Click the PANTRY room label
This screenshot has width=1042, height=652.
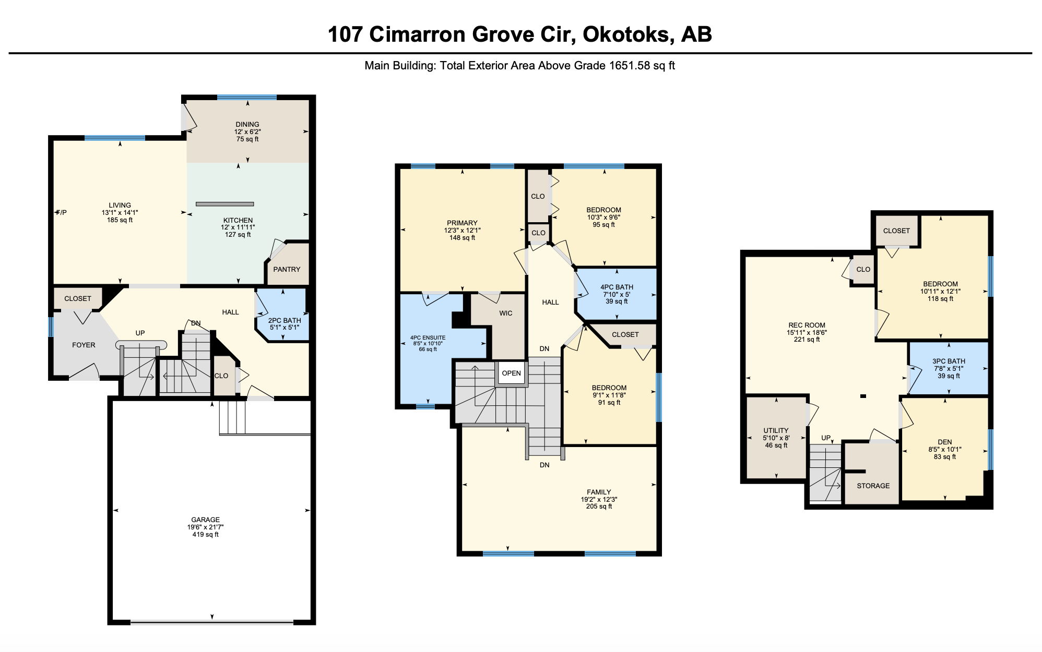(287, 269)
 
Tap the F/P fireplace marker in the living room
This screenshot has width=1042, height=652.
(62, 212)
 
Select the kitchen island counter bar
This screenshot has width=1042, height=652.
(225, 204)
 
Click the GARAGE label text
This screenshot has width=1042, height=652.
(205, 520)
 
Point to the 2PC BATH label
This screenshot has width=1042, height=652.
(285, 320)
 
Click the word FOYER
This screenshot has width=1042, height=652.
(84, 345)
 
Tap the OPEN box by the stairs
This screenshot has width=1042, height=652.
(511, 373)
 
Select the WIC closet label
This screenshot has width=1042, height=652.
(506, 313)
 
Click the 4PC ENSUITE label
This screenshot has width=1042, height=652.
(428, 337)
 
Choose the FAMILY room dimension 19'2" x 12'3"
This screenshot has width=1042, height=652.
(599, 499)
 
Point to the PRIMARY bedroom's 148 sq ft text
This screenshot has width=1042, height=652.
(462, 237)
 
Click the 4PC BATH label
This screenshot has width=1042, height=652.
(617, 287)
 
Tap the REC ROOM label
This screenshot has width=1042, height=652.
(807, 325)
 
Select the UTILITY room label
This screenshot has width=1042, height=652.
(776, 430)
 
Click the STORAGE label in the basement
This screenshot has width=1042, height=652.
(873, 486)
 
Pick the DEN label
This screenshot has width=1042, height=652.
(944, 442)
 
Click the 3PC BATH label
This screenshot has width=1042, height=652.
(949, 361)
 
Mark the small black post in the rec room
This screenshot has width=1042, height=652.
(863, 396)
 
